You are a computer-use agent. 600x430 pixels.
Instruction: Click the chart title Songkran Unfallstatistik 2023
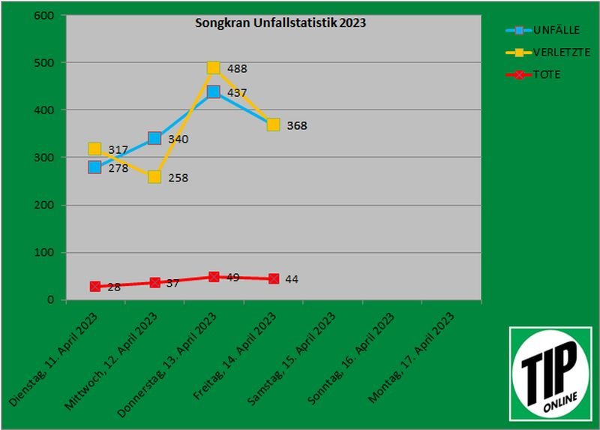[280, 23]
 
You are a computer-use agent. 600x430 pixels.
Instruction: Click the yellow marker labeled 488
[214, 68]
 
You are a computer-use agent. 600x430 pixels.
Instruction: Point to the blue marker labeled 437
[214, 92]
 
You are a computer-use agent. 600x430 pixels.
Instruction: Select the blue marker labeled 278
[94, 167]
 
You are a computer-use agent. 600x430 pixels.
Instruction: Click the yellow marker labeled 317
[94, 149]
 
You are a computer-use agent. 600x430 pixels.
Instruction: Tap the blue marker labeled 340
[154, 138]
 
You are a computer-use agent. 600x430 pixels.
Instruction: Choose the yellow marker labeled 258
[154, 177]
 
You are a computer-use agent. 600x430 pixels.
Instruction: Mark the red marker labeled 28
[95, 287]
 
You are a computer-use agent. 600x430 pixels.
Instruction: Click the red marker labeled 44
[274, 279]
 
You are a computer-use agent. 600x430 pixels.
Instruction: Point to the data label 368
[297, 125]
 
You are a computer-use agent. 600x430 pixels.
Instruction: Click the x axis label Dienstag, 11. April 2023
[56, 360]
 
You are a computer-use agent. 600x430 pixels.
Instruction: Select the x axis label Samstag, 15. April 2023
[293, 362]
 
